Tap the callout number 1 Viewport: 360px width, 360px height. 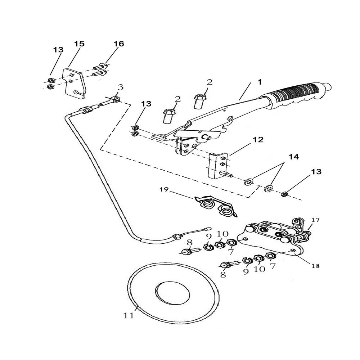(260, 82)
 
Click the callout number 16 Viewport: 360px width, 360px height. (118, 44)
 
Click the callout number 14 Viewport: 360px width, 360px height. (293, 157)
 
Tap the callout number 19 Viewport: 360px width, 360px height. (164, 190)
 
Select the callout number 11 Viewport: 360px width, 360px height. (129, 316)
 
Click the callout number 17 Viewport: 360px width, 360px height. (315, 220)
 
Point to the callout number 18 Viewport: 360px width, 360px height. (315, 266)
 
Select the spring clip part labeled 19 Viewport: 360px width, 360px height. (215, 206)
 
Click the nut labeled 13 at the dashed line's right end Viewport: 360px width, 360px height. (284, 195)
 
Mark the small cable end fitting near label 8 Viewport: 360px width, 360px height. (207, 228)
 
